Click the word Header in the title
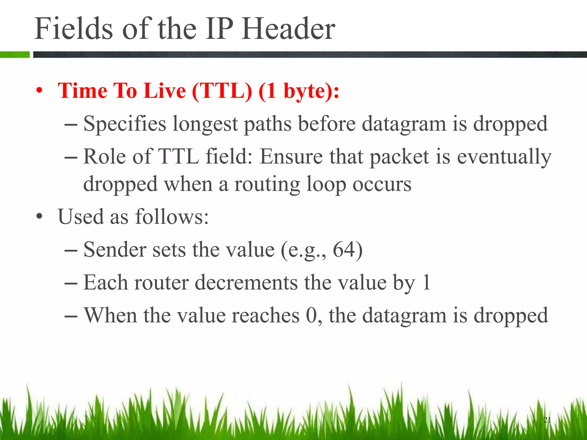[x=288, y=29]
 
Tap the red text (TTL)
[x=222, y=91]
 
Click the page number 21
[x=547, y=420]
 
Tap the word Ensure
[x=291, y=157]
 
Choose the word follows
[x=172, y=217]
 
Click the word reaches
[x=265, y=315]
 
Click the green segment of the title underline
[x=15, y=54]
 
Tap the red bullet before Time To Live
[x=40, y=91]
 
